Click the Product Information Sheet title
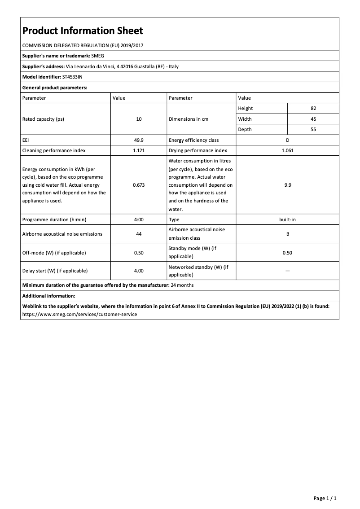click(x=83, y=31)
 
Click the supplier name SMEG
click(x=97, y=56)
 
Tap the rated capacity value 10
click(x=139, y=119)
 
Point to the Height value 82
click(x=313, y=108)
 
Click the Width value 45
click(x=313, y=119)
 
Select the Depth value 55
click(x=313, y=129)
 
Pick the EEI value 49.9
click(x=139, y=140)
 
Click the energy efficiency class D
click(x=287, y=140)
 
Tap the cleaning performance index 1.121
click(x=139, y=150)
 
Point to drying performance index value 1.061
click(x=287, y=150)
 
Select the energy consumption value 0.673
click(x=139, y=185)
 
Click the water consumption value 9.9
click(x=287, y=185)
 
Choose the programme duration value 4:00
click(x=139, y=219)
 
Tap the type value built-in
click(x=287, y=219)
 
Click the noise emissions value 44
click(x=139, y=234)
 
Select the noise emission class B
click(x=287, y=234)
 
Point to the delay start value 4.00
click(x=139, y=271)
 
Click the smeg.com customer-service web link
click(x=79, y=314)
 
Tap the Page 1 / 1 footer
click(x=325, y=498)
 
